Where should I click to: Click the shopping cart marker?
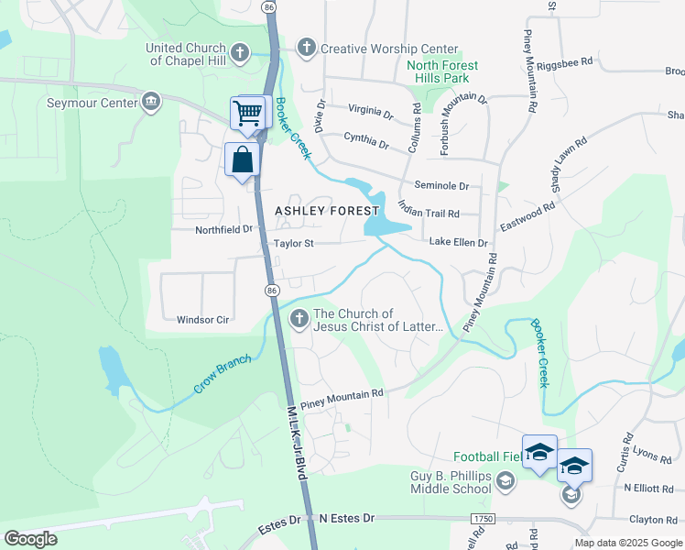pyautogui.click(x=247, y=114)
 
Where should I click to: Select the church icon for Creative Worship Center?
pyautogui.click(x=307, y=48)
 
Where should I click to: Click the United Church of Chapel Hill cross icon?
pyautogui.click(x=240, y=53)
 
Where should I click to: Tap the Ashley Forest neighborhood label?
pyautogui.click(x=327, y=211)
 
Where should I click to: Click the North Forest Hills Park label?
pyautogui.click(x=442, y=71)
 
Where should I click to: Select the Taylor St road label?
pyautogui.click(x=294, y=244)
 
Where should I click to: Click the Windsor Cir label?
pyautogui.click(x=202, y=320)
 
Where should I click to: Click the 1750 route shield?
pyautogui.click(x=482, y=519)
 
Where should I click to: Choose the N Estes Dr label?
pyautogui.click(x=347, y=519)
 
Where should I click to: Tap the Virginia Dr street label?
pyautogui.click(x=371, y=112)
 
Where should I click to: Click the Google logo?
pyautogui.click(x=31, y=539)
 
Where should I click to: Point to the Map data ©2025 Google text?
pyautogui.click(x=628, y=543)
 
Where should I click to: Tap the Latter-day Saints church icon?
pyautogui.click(x=299, y=319)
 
